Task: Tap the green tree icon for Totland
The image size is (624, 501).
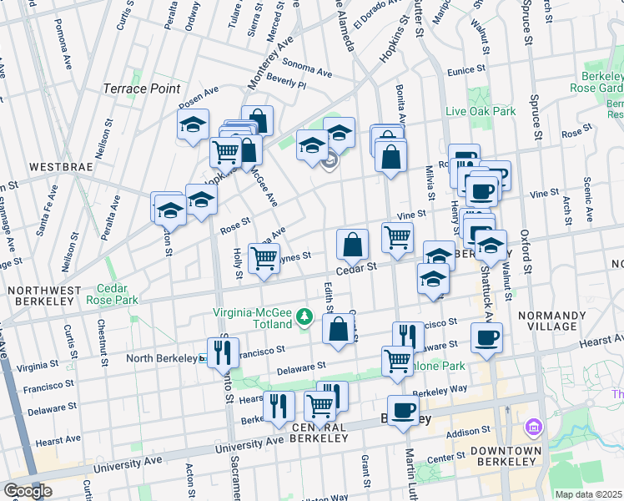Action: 306,317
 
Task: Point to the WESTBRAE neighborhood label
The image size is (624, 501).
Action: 59,166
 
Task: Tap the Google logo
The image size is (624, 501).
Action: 28,490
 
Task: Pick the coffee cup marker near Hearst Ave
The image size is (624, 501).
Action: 486,337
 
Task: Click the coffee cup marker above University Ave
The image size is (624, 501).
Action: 403,410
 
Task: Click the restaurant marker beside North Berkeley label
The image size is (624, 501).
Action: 223,352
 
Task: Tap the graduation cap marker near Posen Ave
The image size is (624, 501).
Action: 193,125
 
